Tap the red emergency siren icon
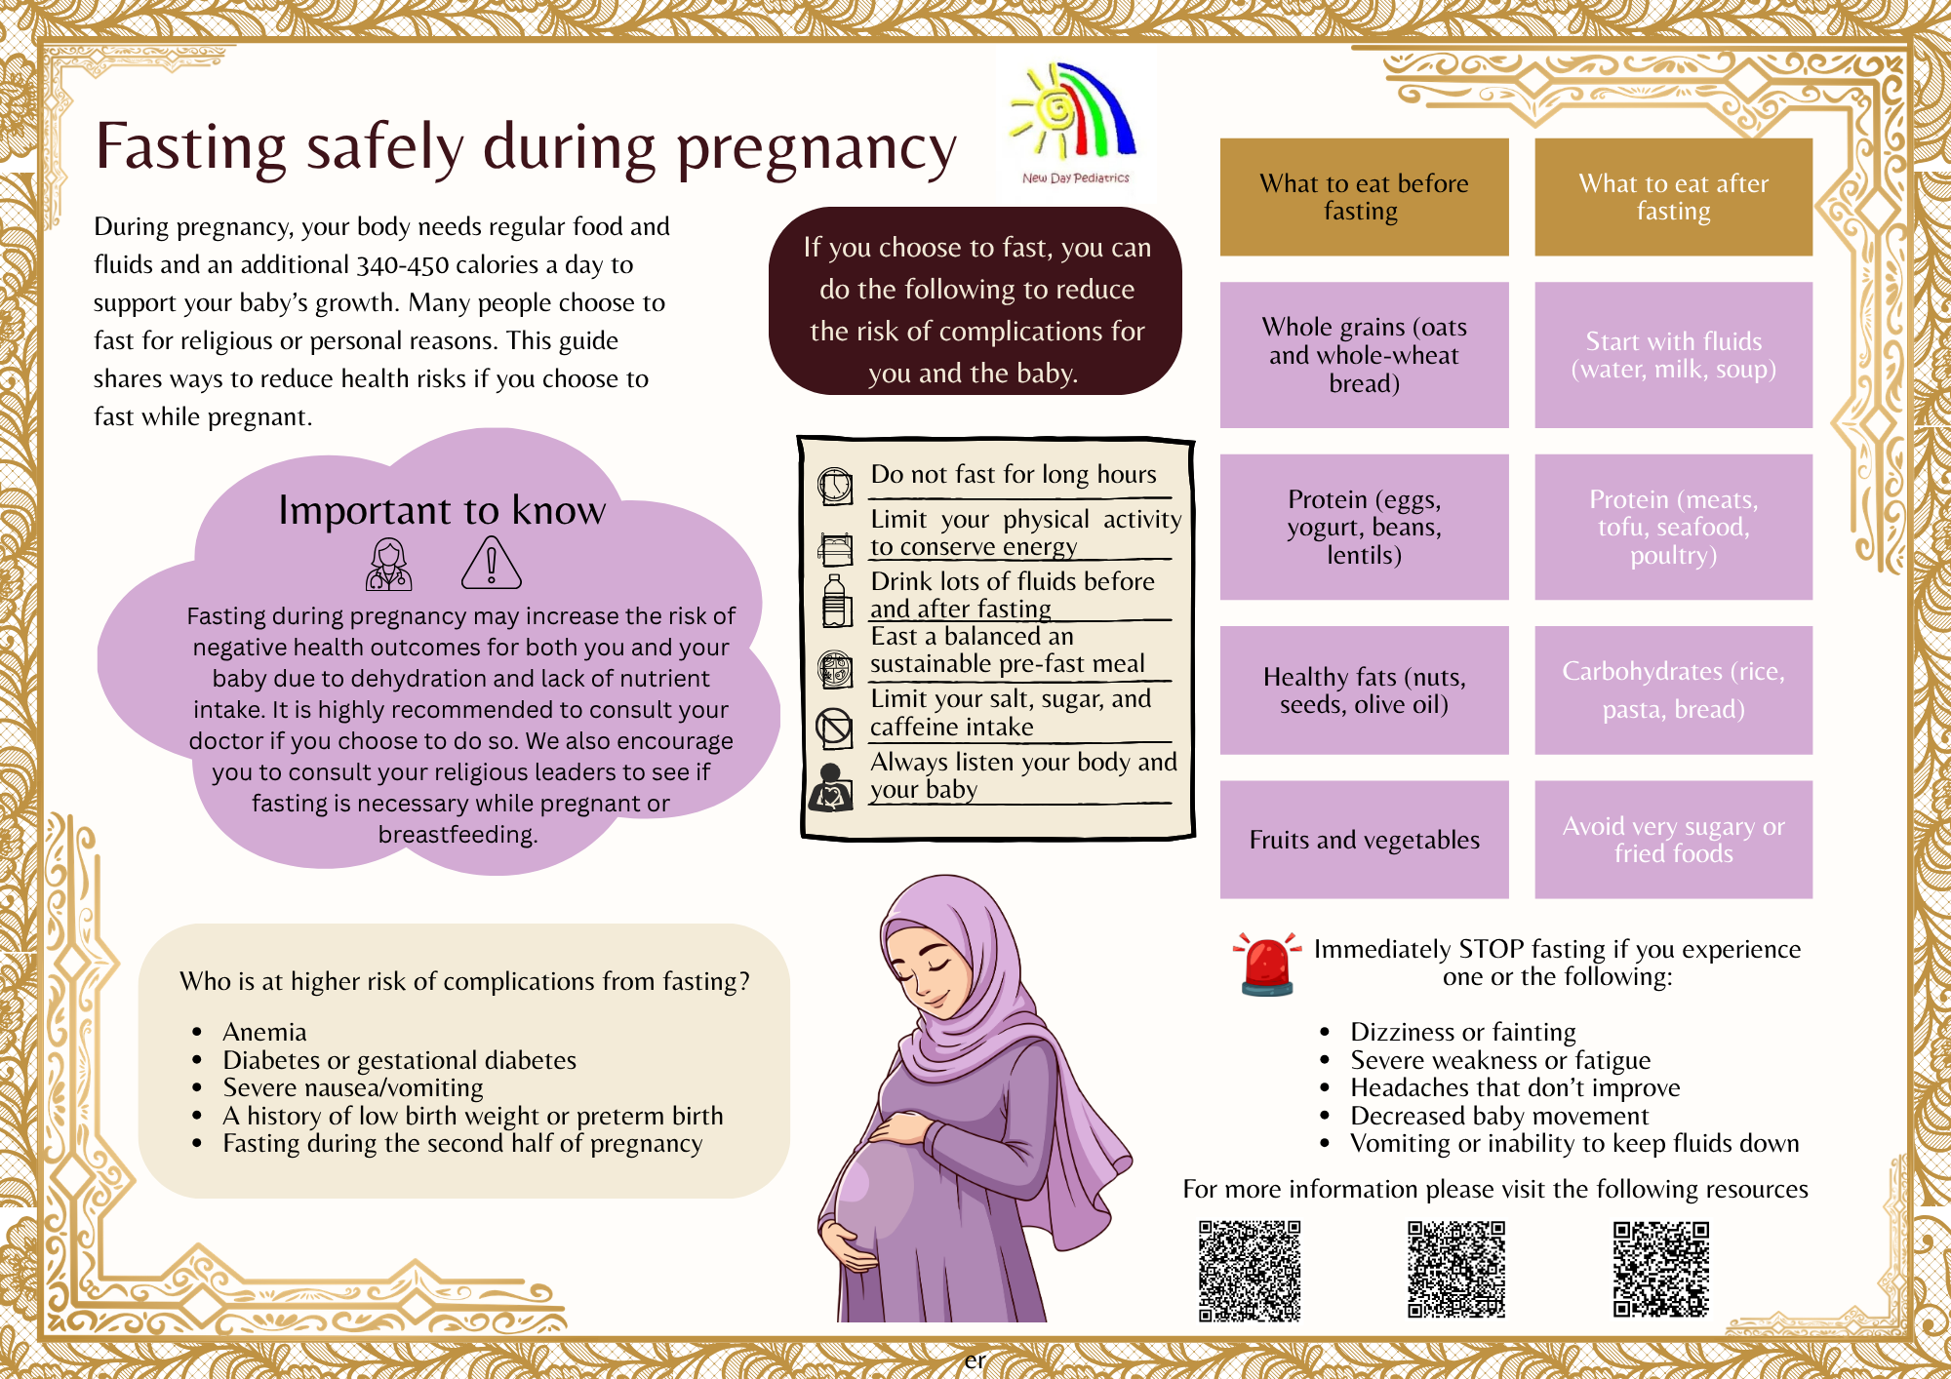point(1266,964)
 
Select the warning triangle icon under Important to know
point(492,563)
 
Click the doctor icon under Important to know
point(388,565)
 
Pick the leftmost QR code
point(1250,1271)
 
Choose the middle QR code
point(1456,1269)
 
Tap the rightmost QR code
point(1661,1269)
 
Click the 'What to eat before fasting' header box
point(1364,197)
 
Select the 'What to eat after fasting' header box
point(1674,197)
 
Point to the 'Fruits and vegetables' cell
point(1364,840)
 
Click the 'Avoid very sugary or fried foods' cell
point(1674,840)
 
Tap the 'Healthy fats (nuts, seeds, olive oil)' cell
point(1364,690)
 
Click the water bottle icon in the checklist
point(834,600)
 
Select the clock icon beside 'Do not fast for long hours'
point(835,486)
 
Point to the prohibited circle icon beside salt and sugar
point(834,727)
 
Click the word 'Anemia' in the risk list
point(264,1032)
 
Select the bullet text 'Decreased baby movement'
point(1499,1116)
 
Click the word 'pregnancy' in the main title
point(816,149)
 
